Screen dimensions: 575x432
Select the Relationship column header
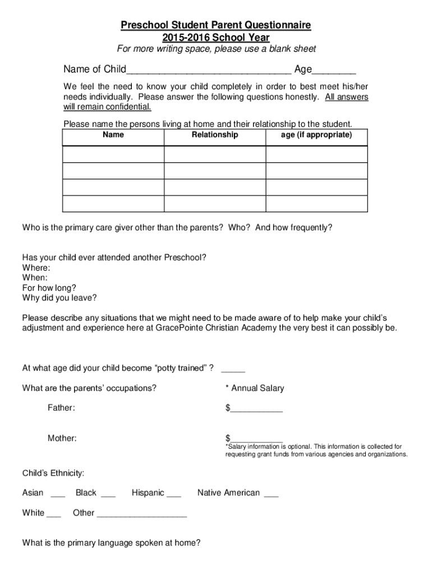pyautogui.click(x=214, y=135)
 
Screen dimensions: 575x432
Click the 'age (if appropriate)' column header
pyautogui.click(x=316, y=135)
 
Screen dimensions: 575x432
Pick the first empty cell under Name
pyautogui.click(x=113, y=154)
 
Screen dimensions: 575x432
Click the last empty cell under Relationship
pyautogui.click(x=214, y=204)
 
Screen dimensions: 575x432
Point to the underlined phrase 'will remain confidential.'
pyautogui.click(x=107, y=107)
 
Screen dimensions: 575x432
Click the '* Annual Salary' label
pyautogui.click(x=254, y=388)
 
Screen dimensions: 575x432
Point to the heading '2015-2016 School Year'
pyautogui.click(x=216, y=38)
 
